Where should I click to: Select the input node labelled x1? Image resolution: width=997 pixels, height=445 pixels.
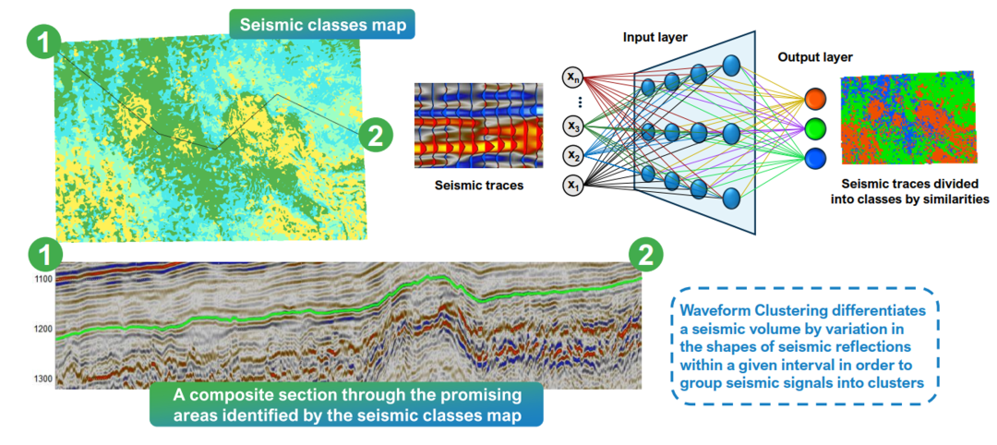(x=574, y=186)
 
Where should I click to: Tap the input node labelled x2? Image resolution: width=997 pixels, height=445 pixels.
(x=574, y=154)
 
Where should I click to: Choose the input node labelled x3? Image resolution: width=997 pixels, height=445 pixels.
(x=574, y=124)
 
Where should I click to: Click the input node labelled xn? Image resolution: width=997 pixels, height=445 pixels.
(x=574, y=77)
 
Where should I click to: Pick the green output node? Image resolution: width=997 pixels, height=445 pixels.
(x=815, y=126)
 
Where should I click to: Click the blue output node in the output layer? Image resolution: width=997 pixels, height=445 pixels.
(x=815, y=157)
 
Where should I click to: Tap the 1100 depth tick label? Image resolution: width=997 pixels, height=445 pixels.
(x=42, y=278)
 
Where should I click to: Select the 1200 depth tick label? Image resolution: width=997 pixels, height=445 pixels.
(x=42, y=329)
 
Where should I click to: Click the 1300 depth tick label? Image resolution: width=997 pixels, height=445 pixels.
(x=42, y=379)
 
